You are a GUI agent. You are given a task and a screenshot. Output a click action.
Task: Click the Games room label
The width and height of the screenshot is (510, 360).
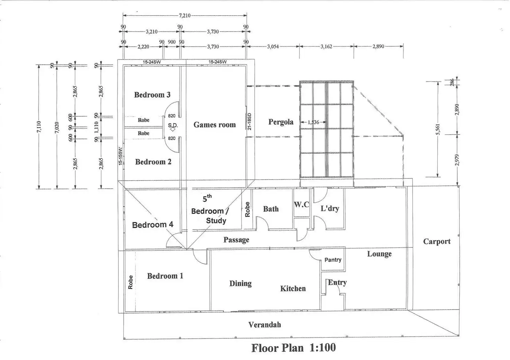tap(214, 125)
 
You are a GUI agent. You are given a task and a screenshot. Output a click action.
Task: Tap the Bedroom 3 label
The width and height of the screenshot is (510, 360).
tap(152, 95)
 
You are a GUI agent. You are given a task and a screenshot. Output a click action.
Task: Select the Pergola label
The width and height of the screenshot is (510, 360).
tap(281, 122)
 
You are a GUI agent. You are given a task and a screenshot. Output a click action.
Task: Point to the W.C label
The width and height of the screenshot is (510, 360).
tap(301, 205)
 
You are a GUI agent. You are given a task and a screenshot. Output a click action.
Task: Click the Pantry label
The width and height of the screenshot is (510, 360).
tap(333, 260)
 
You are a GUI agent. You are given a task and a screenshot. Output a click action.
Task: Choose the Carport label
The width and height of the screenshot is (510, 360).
tap(437, 242)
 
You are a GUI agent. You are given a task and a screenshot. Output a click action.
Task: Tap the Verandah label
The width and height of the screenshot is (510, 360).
tap(265, 325)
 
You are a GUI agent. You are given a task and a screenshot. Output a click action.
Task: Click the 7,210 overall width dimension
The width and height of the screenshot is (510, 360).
tap(184, 16)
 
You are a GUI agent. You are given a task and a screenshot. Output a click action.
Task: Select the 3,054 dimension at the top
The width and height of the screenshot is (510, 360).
tap(273, 46)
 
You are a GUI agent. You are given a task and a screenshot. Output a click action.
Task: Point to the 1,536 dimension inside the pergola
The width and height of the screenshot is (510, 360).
tap(313, 122)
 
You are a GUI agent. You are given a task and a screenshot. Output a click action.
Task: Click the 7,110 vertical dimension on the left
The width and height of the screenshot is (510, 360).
tap(39, 127)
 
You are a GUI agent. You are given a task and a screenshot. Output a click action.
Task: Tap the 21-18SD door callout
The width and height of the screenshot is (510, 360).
tap(250, 121)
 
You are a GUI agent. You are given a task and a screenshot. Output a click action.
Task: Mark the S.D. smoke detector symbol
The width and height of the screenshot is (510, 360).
tap(173, 127)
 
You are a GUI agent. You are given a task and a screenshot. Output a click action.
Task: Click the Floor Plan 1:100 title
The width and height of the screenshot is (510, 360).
tap(293, 348)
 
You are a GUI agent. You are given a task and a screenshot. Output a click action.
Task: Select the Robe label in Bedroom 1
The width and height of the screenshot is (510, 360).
tap(131, 282)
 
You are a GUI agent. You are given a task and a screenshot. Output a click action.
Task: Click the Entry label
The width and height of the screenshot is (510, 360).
tap(337, 282)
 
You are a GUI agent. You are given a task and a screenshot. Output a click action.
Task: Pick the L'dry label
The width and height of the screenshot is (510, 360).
tap(329, 208)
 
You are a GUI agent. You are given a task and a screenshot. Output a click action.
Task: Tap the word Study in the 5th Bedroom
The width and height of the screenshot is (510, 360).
tap(216, 220)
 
